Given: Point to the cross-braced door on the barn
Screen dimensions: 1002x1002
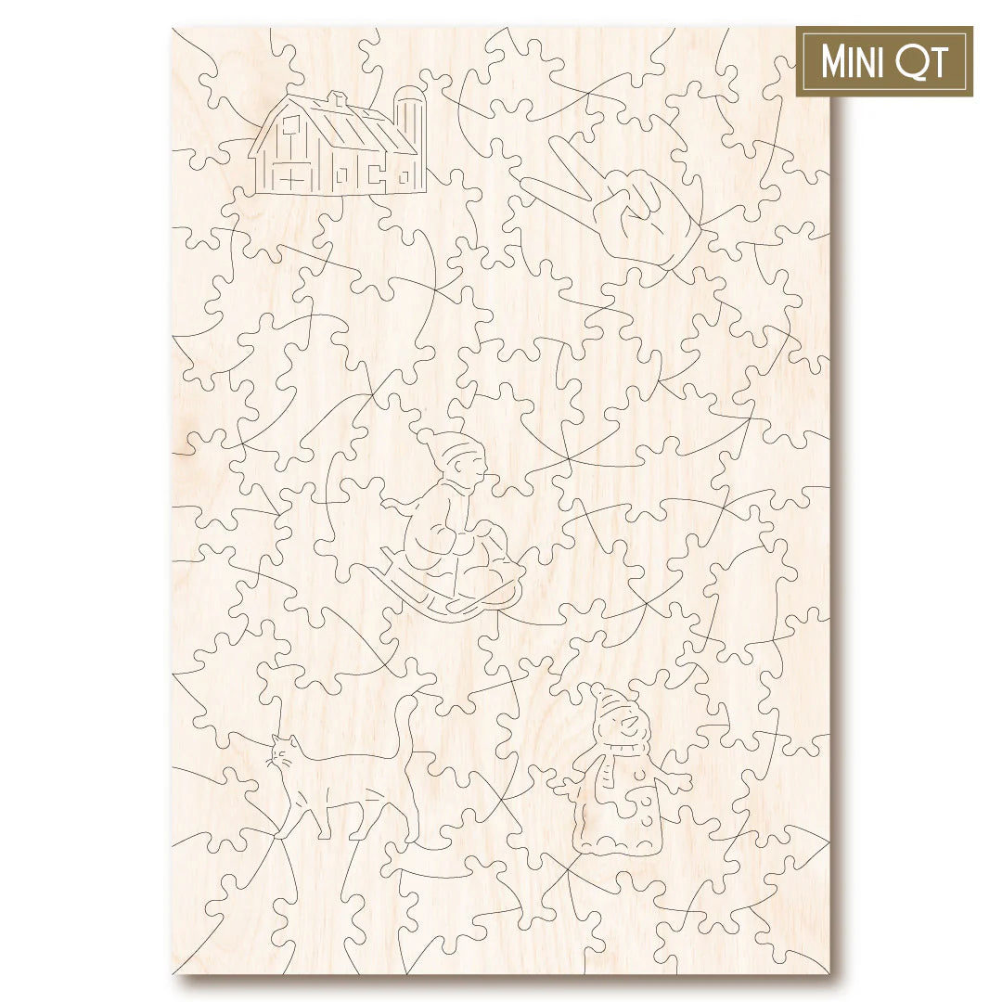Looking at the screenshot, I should [290, 176].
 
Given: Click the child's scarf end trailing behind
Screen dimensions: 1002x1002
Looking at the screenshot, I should [394, 506].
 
